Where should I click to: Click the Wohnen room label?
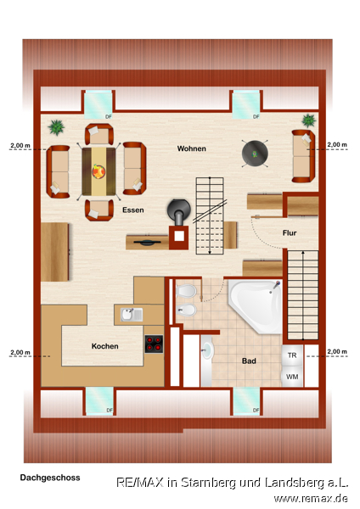pyautogui.click(x=191, y=148)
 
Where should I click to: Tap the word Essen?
pyautogui.click(x=133, y=210)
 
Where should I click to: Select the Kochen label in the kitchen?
pyautogui.click(x=104, y=346)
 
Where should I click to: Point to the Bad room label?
pyautogui.click(x=249, y=361)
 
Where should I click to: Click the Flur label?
pyautogui.click(x=290, y=232)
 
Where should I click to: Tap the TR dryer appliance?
pyautogui.click(x=292, y=355)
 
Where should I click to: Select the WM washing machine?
pyautogui.click(x=292, y=377)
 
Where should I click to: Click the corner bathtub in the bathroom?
pyautogui.click(x=256, y=306)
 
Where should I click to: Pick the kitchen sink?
pyautogui.click(x=132, y=315)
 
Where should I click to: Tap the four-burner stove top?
pyautogui.click(x=154, y=344)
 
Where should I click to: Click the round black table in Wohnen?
pyautogui.click(x=255, y=154)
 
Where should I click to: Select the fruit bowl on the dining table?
pyautogui.click(x=98, y=171)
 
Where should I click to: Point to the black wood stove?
pyautogui.click(x=178, y=211)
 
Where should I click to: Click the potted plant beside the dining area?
pyautogui.click(x=56, y=127)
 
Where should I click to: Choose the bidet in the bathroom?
pyautogui.click(x=186, y=310)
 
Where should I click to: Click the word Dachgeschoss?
pyautogui.click(x=50, y=478)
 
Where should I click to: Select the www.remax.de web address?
pyautogui.click(x=311, y=498)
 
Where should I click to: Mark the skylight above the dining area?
pyautogui.click(x=98, y=105)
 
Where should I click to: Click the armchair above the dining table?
pyautogui.click(x=99, y=134)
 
